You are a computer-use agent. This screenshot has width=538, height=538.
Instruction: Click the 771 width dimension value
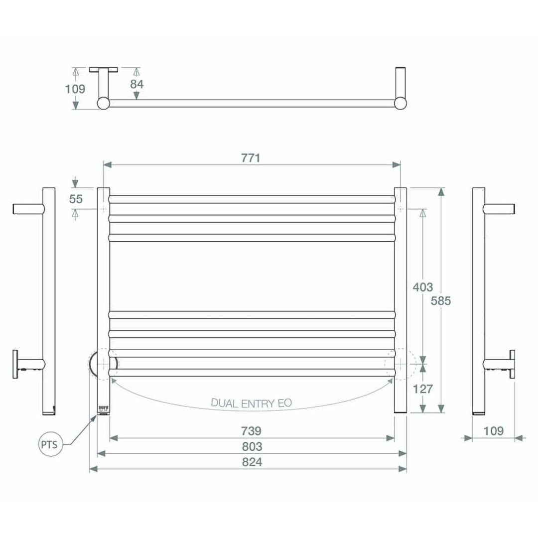click(252, 158)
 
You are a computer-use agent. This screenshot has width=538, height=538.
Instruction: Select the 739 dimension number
click(252, 431)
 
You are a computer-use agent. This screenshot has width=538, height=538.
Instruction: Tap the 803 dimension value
click(252, 446)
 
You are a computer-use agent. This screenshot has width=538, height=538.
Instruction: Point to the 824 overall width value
click(252, 462)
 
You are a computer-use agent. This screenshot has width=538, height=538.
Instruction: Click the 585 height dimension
click(441, 301)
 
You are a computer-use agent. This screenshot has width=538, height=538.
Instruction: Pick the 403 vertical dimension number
click(423, 287)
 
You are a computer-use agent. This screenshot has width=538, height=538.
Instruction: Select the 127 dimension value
click(423, 389)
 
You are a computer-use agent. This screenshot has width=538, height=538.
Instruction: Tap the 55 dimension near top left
click(76, 199)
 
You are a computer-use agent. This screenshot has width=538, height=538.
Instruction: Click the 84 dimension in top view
click(137, 84)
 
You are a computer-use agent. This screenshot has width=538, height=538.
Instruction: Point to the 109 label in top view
click(75, 89)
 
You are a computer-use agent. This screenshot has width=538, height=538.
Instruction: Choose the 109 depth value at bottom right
click(493, 431)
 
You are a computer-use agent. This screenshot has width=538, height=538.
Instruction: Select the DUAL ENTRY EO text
click(252, 403)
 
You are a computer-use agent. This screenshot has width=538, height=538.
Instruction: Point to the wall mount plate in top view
click(104, 69)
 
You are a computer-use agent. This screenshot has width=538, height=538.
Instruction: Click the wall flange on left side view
click(16, 365)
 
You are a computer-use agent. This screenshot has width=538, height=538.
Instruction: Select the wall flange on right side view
click(513, 365)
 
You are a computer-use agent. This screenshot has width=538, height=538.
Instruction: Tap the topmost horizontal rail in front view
click(252, 199)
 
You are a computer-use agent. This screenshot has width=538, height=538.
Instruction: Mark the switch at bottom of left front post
click(103, 409)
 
